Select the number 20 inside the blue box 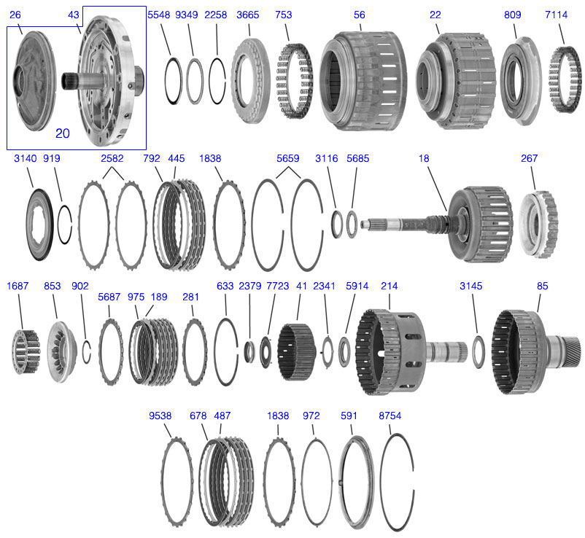tap(62, 133)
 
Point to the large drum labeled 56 tap(360, 80)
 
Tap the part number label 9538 tap(160, 416)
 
